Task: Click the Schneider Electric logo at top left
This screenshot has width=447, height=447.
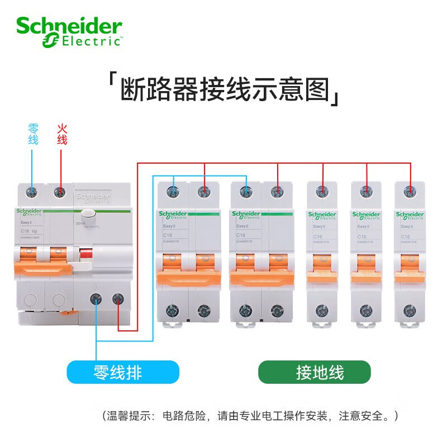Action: (69, 32)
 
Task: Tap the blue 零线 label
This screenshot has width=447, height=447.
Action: (34, 134)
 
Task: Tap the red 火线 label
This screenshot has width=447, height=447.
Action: (61, 134)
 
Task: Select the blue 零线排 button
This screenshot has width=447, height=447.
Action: (123, 372)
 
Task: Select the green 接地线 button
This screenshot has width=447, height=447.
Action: (314, 372)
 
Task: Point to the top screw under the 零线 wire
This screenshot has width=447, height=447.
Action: (32, 193)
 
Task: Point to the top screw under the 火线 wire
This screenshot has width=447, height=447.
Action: (59, 193)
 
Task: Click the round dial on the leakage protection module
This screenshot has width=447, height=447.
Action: (87, 216)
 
